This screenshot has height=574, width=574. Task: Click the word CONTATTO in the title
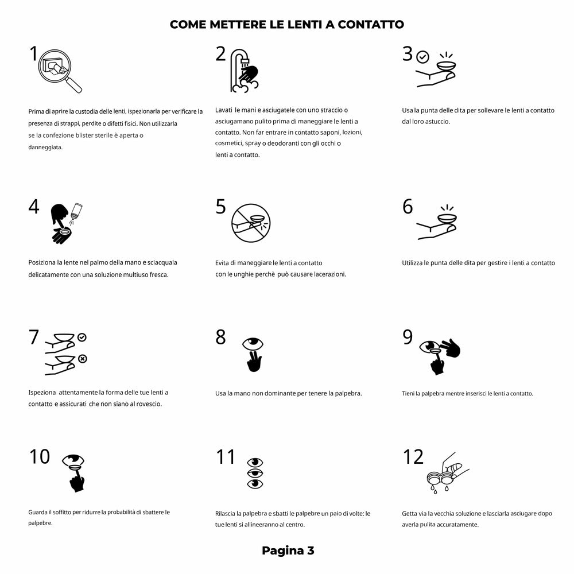point(370,25)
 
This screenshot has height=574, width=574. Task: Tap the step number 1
point(34,53)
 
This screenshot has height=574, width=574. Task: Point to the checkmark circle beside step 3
point(423,57)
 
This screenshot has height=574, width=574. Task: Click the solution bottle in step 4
point(76,212)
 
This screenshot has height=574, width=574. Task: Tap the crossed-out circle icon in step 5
point(251,223)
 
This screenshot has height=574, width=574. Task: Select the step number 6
point(408,207)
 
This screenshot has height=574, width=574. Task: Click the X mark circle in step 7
point(83,359)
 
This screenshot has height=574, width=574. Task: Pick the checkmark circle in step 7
point(82,337)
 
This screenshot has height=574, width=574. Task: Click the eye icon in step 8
point(253,344)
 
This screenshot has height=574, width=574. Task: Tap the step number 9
point(408,337)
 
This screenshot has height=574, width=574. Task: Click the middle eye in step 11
point(255,473)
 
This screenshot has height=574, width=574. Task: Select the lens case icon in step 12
point(441,478)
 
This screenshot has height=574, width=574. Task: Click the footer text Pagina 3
point(288,550)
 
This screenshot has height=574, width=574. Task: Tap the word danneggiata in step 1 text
point(45,147)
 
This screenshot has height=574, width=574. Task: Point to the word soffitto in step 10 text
point(62,512)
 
